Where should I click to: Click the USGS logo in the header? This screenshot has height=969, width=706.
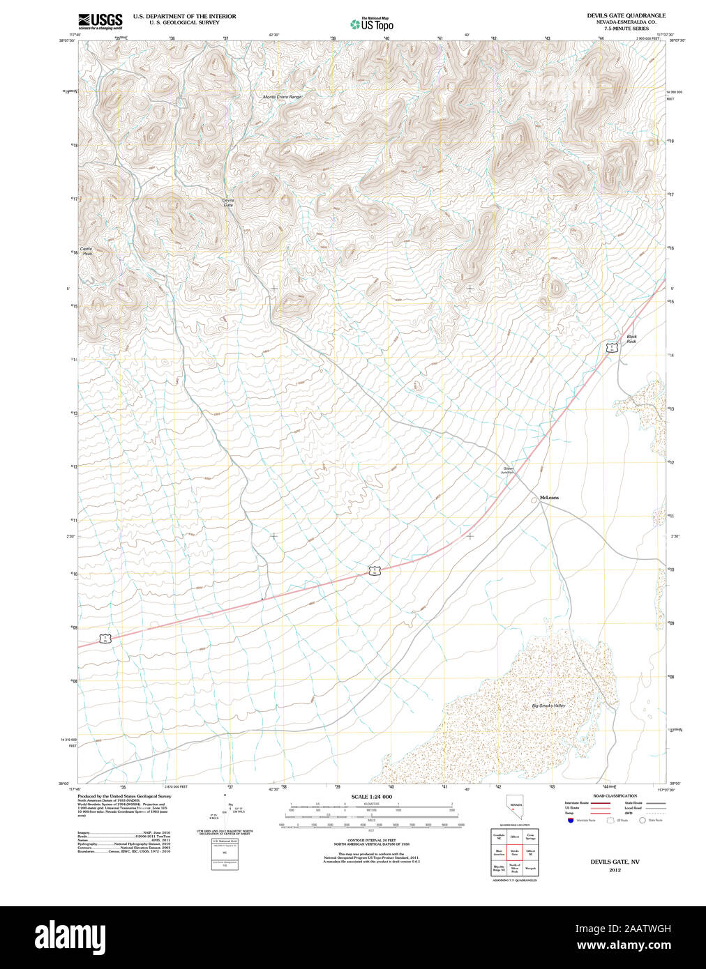click(100, 21)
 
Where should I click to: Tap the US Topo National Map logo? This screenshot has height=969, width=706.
click(372, 24)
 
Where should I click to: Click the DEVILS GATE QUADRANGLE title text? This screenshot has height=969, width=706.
click(626, 15)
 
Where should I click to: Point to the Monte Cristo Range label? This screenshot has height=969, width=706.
click(283, 97)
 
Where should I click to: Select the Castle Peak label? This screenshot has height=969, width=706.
click(86, 251)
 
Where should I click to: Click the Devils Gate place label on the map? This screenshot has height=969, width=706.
click(228, 203)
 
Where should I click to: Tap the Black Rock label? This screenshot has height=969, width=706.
click(631, 339)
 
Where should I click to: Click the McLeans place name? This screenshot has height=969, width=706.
click(549, 498)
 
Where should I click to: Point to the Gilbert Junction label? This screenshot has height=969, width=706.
click(508, 471)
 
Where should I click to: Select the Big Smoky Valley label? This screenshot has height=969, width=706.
click(548, 705)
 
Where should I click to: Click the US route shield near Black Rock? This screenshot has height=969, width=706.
click(611, 347)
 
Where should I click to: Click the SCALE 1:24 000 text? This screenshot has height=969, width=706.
click(371, 797)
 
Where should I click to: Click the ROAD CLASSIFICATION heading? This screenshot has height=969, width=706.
click(615, 795)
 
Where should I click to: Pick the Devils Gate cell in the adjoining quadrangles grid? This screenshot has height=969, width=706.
click(515, 853)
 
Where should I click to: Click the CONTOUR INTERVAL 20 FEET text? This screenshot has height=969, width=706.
click(371, 839)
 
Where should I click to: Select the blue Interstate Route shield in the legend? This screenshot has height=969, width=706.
click(571, 821)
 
